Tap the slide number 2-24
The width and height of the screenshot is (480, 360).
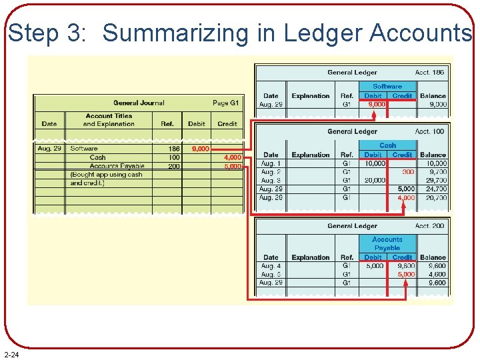11,354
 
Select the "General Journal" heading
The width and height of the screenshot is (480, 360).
139,103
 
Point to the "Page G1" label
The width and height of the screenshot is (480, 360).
225,103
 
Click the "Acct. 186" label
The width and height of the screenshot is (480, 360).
430,73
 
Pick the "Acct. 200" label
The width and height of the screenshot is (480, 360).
430,226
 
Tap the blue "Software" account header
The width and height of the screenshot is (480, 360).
387,87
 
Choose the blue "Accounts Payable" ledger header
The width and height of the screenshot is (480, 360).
387,243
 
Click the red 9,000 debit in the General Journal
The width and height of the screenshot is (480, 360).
201,149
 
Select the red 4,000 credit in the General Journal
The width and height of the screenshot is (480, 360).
233,157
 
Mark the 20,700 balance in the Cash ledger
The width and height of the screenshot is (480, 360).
433,198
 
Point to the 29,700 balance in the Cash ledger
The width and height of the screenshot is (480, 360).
433,181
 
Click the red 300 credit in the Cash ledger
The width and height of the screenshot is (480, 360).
408,172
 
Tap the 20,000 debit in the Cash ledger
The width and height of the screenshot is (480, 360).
375,181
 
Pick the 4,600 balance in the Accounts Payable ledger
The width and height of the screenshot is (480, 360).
433,274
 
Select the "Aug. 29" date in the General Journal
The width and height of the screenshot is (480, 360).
49,149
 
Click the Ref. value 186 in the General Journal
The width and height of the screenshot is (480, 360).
173,149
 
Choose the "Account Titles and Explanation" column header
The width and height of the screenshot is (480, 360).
109,120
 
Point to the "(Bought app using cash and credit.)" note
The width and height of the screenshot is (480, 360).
107,179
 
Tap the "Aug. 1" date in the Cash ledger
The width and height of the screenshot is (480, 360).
271,163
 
